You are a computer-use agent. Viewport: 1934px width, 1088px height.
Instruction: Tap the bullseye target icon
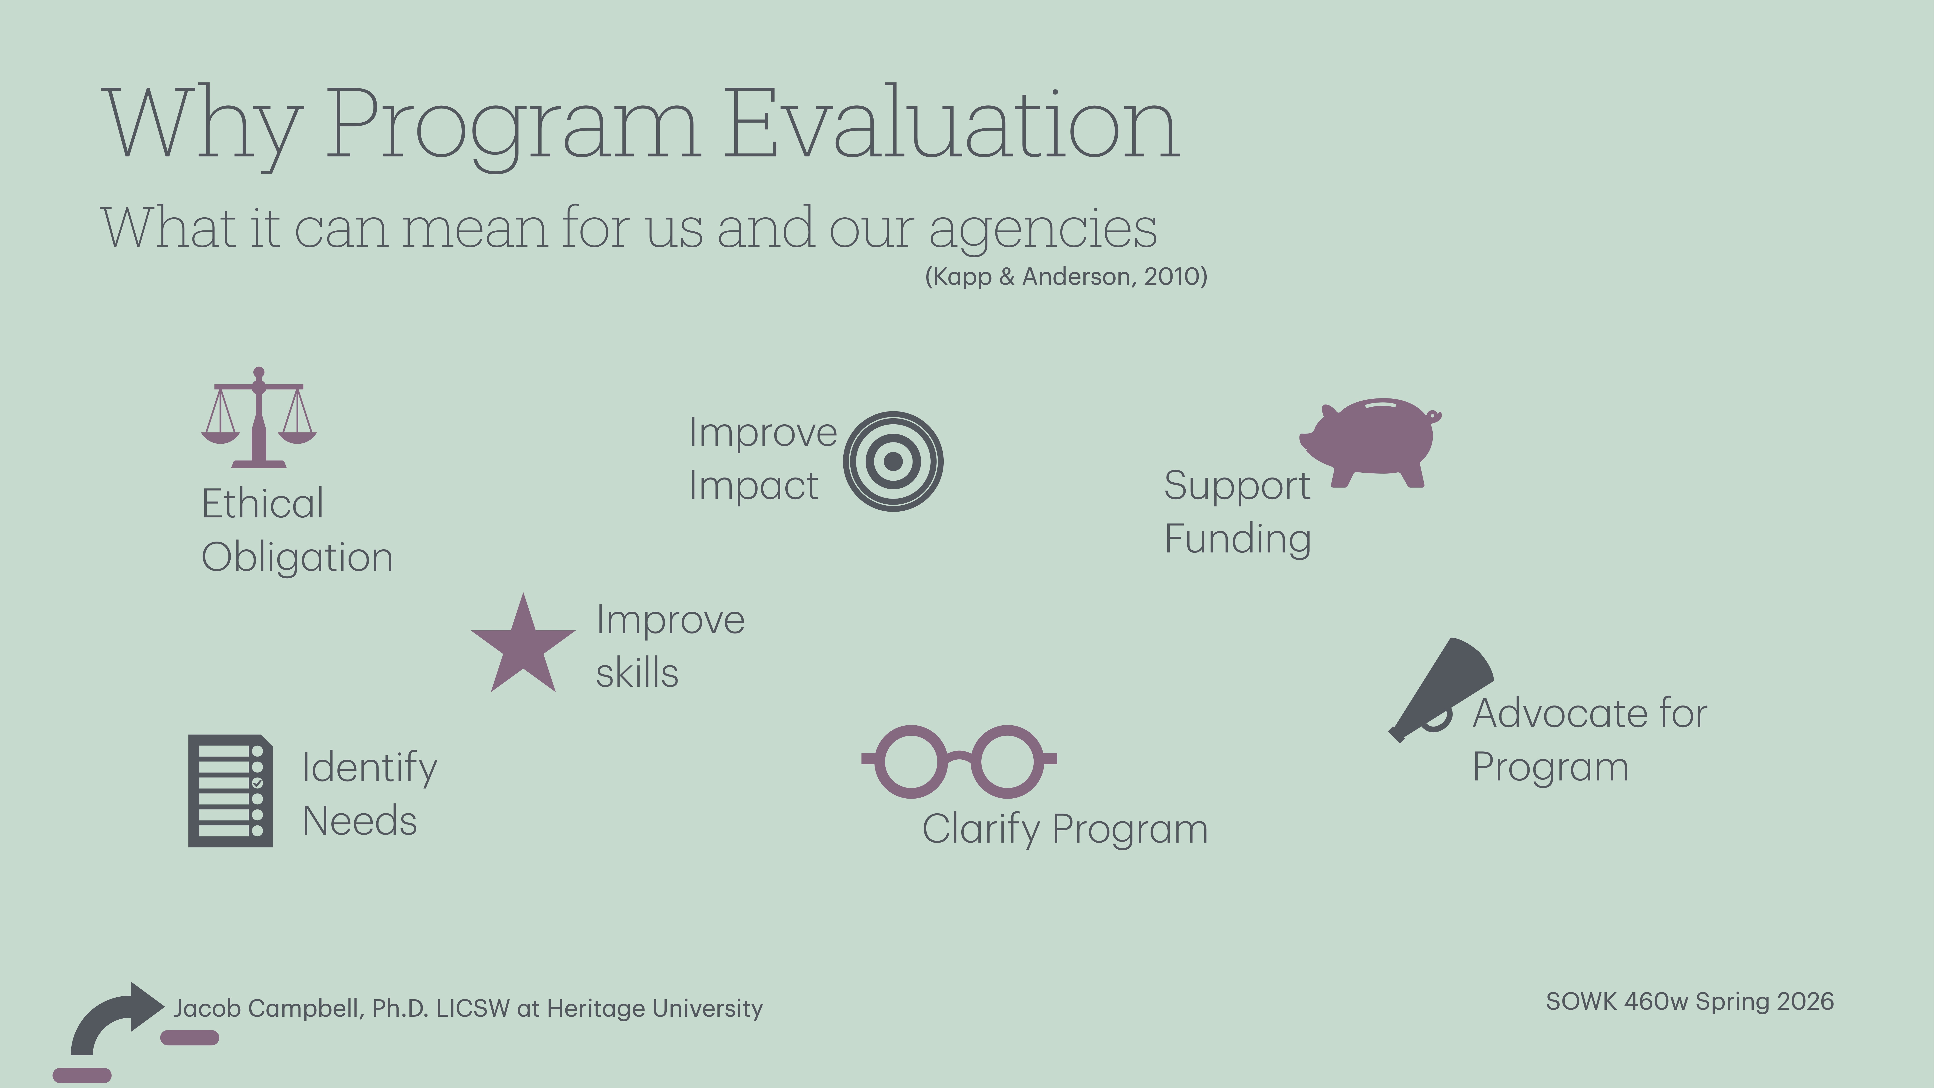893,461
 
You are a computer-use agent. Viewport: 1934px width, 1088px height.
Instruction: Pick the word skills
637,673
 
